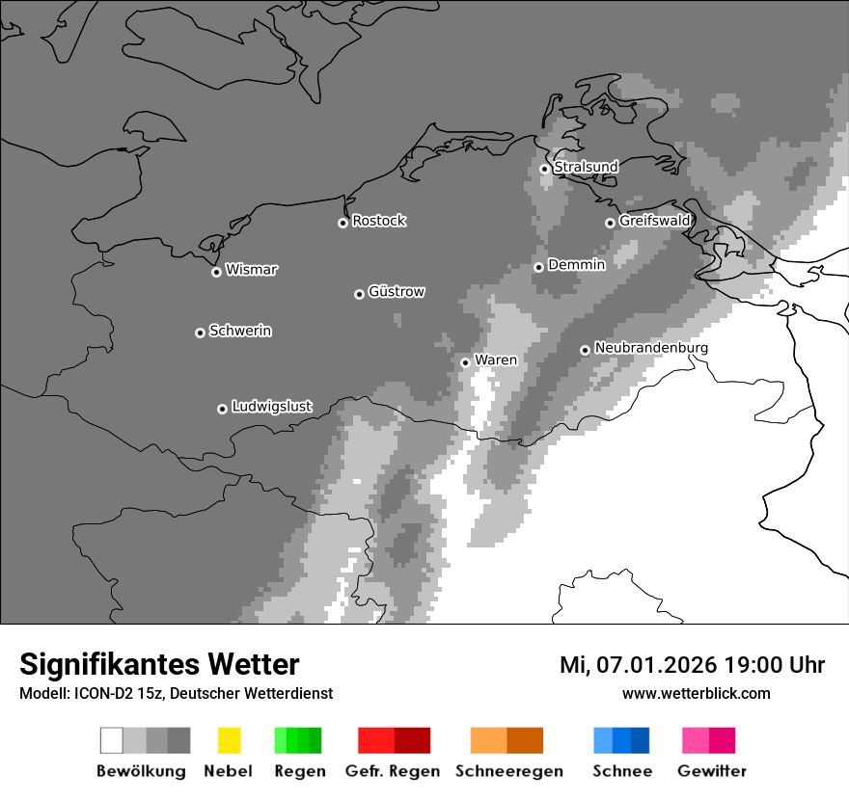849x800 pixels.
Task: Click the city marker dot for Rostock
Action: pos(342,223)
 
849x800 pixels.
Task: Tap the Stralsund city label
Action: pos(586,167)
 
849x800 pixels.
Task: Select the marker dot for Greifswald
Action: pos(610,223)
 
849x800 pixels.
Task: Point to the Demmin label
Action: pos(576,264)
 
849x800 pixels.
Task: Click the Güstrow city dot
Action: pos(359,294)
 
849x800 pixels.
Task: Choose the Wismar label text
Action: pos(251,270)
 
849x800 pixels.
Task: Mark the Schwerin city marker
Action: pos(200,333)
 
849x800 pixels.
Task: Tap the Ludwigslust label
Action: pos(271,407)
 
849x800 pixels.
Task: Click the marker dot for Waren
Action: pos(465,362)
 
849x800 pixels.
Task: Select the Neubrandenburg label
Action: pos(651,348)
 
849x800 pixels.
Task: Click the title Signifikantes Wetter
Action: pos(159,664)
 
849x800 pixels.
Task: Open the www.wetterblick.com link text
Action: pos(696,693)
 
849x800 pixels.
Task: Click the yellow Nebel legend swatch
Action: pos(229,740)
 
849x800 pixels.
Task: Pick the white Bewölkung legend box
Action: pos(112,740)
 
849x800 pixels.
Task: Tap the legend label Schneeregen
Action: pos(509,771)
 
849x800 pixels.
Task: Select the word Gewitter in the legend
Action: pos(712,771)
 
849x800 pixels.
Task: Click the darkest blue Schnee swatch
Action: pos(641,740)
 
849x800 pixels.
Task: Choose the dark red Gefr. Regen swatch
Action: pos(412,740)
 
